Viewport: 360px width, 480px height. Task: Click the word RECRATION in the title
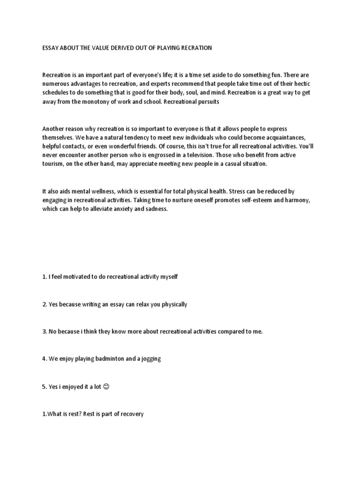196,48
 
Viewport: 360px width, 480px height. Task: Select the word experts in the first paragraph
140,84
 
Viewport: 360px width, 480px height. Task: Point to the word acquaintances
294,137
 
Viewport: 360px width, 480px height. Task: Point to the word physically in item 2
172,304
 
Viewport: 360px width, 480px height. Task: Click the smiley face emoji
105,387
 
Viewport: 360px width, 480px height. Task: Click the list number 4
44,359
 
